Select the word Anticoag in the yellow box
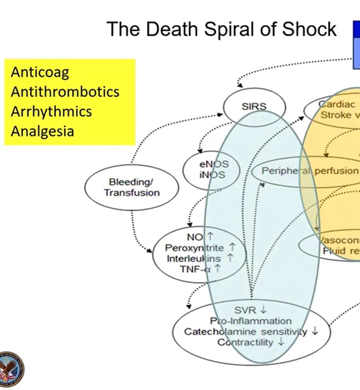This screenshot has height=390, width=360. pos(40,72)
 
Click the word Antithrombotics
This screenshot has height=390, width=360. pos(65,92)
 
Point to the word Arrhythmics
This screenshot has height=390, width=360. pos(51,111)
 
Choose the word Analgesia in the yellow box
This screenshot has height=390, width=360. pos(42,131)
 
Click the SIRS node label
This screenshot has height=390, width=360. pos(254,106)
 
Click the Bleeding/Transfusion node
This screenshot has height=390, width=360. pos(132,187)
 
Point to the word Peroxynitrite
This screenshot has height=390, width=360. pos(195,248)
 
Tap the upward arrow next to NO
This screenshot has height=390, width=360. pos(210,236)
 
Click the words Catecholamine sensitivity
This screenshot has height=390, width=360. pos(246,332)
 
